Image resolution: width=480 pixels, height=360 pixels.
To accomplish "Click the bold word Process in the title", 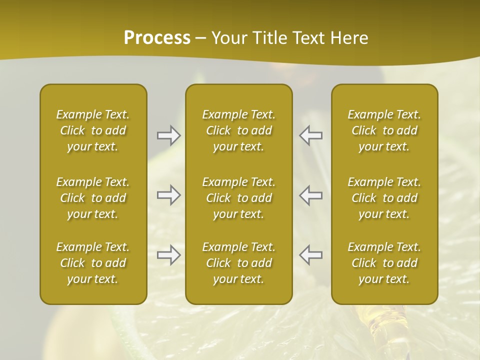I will point(157,38).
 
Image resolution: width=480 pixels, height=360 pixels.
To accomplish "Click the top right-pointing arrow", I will point(169,135).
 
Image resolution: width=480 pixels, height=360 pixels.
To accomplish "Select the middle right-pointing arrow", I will point(169,195).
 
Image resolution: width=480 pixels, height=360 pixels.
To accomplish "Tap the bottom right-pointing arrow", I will point(169,255).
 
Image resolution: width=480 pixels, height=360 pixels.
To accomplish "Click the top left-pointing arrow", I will point(310,135).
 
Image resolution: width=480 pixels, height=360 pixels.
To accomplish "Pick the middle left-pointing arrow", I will point(310,195).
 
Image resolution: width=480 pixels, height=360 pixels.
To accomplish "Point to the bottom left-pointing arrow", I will point(310,255).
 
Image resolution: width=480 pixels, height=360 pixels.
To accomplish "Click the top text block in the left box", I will point(93,130).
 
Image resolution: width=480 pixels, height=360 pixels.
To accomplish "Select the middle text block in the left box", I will point(93,198).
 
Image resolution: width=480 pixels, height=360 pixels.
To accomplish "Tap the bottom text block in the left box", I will point(93,263).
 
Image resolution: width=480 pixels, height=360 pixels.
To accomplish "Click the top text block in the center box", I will point(239,130).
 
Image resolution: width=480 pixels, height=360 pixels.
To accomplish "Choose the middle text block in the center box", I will point(239,198).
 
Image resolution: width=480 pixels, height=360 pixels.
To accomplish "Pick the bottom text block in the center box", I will point(239,263).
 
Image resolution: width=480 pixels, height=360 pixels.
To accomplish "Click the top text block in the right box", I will point(384,130).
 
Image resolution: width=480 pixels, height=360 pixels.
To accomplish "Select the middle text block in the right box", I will point(384,198).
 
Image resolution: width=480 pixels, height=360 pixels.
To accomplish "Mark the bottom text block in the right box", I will point(384,263).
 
